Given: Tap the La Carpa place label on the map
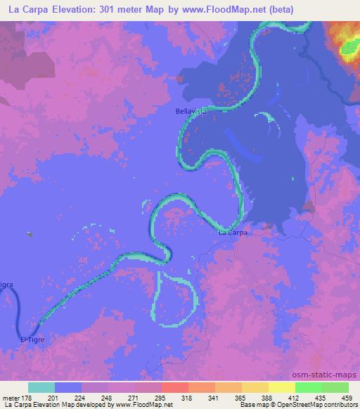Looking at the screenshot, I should coord(233,232).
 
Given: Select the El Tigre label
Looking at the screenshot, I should coord(33,340).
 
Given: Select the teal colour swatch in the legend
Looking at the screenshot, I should coord(41,387).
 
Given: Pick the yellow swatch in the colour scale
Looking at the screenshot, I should coord(281,387).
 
